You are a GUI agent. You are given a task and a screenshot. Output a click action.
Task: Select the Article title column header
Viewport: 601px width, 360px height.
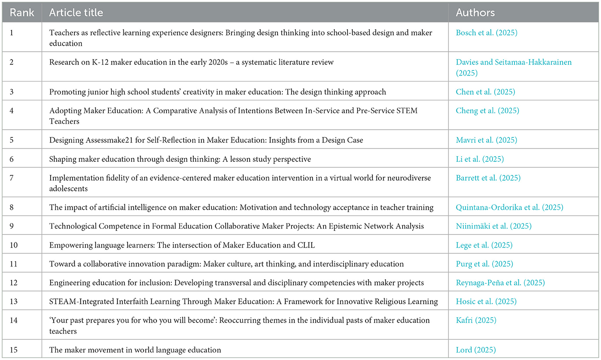click(x=76, y=13)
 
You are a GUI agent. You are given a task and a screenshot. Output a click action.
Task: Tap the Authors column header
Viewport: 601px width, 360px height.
click(x=475, y=13)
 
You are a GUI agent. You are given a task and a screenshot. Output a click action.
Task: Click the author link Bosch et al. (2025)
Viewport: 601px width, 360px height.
click(x=486, y=33)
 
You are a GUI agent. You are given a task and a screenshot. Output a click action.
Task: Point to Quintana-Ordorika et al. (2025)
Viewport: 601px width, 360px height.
click(x=509, y=207)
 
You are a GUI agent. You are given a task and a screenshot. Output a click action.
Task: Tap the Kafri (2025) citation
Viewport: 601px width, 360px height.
click(x=476, y=320)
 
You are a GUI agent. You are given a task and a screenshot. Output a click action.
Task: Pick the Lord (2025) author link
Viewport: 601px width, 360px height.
click(x=475, y=350)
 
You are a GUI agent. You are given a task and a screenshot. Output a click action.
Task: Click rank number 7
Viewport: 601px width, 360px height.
click(x=11, y=178)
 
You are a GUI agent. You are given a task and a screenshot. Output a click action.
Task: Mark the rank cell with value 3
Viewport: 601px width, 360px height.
click(x=11, y=92)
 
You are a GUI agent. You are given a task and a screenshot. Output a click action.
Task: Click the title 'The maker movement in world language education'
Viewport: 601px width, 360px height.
click(x=135, y=350)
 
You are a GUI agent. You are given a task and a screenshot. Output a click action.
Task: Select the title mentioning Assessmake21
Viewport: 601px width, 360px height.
click(x=206, y=140)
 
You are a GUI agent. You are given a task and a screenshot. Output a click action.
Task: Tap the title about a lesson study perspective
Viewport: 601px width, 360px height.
click(x=180, y=159)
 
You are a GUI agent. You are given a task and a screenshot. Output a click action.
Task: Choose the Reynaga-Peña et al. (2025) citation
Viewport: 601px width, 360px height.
click(x=500, y=283)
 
